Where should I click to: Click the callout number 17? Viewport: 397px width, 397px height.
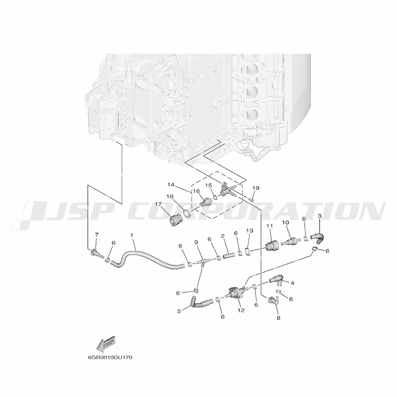[158, 204]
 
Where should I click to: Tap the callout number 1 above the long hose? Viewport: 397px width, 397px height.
[132, 235]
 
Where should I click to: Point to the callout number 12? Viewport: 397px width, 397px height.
[241, 310]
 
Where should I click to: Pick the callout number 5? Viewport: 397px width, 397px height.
[179, 312]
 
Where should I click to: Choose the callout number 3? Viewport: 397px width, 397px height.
[320, 216]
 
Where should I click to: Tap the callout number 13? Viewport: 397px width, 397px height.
[249, 230]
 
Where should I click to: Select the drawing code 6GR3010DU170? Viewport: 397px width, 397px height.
[110, 357]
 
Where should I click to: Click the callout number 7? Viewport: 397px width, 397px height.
[96, 236]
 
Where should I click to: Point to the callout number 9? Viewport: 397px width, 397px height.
[196, 242]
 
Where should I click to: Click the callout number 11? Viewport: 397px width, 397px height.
[270, 226]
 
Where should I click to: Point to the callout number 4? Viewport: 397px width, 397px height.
[292, 283]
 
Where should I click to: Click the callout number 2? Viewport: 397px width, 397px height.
[223, 236]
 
